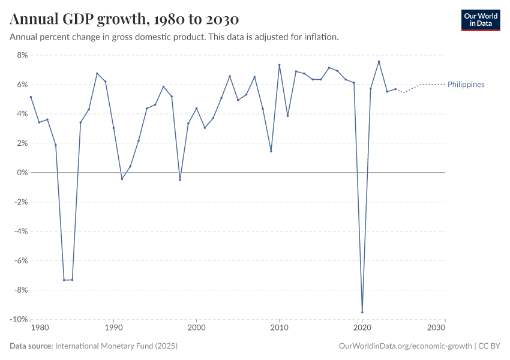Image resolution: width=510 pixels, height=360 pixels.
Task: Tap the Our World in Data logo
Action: point(480,20)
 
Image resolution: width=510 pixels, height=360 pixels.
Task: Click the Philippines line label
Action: point(466,85)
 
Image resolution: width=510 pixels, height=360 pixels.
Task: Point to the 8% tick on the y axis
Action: point(22,55)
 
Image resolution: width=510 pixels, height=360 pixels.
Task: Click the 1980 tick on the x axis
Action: point(39,328)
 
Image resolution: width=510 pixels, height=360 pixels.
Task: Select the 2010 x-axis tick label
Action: point(279,328)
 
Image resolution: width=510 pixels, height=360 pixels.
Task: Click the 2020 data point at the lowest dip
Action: point(362,312)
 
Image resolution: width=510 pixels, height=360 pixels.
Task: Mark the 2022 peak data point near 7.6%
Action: point(379,61)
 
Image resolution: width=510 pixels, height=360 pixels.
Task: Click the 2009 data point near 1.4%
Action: point(271,151)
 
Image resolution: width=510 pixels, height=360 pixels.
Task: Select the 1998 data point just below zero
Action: point(180,180)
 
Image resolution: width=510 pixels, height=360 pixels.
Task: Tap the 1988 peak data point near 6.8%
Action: point(97,74)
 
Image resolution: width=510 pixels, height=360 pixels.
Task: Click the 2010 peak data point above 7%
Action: point(280,65)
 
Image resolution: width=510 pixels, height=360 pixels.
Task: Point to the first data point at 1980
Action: point(31,97)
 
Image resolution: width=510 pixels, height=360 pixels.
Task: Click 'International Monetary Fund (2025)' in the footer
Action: point(116,346)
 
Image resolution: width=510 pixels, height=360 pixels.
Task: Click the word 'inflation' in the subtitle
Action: point(321,37)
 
